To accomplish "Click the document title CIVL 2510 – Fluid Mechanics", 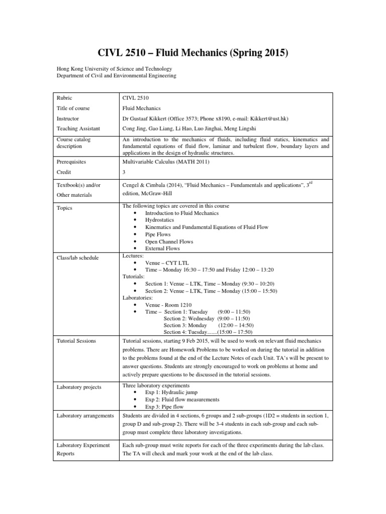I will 192,52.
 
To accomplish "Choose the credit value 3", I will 124,172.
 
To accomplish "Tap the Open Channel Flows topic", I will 169,241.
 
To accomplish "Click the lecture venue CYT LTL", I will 174,263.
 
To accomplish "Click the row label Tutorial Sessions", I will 77,341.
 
